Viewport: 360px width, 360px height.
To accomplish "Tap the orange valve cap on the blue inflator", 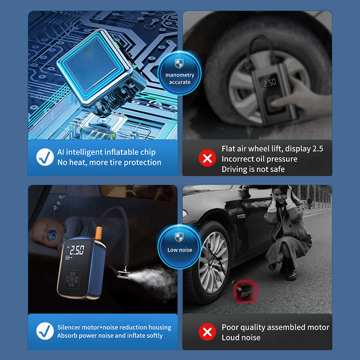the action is click(x=99, y=233).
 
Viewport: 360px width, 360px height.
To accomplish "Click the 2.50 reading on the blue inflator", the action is click(x=77, y=250).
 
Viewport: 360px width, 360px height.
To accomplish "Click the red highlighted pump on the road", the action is click(x=245, y=291).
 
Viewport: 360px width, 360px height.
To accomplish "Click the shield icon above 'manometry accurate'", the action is click(x=179, y=63).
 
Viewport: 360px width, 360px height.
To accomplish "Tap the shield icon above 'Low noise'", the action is click(x=179, y=237).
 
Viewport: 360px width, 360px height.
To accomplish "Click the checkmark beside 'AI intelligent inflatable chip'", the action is click(x=45, y=157).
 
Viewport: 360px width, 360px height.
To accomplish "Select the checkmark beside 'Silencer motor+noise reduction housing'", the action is click(x=45, y=331).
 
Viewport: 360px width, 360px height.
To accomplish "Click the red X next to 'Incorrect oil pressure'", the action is click(x=207, y=158).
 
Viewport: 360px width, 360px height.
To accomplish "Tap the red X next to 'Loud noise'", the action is click(x=207, y=332).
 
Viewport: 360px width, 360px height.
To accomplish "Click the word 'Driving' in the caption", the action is click(x=234, y=170).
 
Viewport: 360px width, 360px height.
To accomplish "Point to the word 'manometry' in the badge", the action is click(x=180, y=75).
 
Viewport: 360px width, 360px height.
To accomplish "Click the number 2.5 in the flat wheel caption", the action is click(x=318, y=149).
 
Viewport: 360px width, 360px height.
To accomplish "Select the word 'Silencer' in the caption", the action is click(x=69, y=327).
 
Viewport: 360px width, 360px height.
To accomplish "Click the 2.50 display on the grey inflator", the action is click(x=270, y=82).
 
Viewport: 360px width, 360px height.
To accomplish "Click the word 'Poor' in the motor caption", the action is click(x=230, y=327).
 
